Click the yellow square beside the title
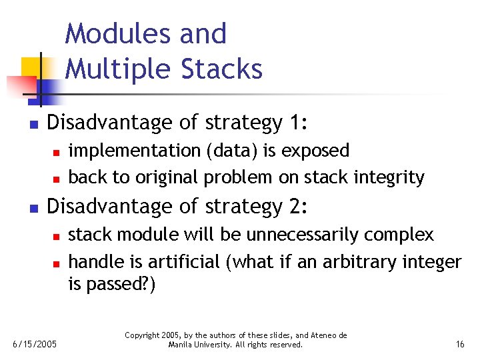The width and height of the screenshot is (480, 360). tap(32, 67)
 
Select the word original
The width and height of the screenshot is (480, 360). tap(167, 178)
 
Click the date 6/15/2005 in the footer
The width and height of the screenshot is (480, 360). tap(34, 344)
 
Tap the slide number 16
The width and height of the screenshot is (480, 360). tap(459, 344)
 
